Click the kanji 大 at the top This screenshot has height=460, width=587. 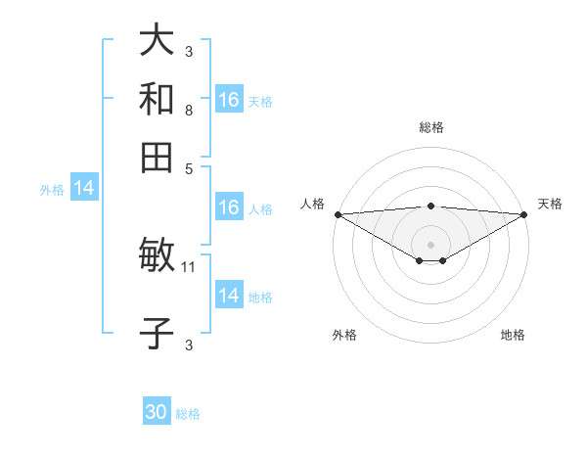point(157,41)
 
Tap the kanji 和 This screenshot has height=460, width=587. point(157,99)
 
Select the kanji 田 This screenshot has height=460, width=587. point(157,157)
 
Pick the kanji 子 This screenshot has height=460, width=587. point(157,333)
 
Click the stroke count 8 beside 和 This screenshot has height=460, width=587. point(188,111)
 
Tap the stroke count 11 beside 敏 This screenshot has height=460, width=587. point(190,266)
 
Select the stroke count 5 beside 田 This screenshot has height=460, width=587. point(188,168)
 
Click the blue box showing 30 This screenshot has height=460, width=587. point(157,413)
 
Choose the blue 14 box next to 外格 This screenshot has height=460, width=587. point(84,189)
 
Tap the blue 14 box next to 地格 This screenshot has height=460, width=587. point(228,296)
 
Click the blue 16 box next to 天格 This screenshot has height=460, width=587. point(228,100)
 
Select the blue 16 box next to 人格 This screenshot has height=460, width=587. point(228,207)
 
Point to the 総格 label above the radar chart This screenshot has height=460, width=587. point(430,127)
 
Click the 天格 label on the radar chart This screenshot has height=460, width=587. point(550,204)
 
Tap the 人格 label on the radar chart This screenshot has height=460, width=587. point(312,204)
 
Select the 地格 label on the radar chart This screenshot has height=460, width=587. point(513,336)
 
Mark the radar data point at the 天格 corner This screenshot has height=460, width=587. point(523,214)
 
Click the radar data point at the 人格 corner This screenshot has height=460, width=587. point(338,214)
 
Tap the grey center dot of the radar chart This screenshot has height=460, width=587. point(430,244)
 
